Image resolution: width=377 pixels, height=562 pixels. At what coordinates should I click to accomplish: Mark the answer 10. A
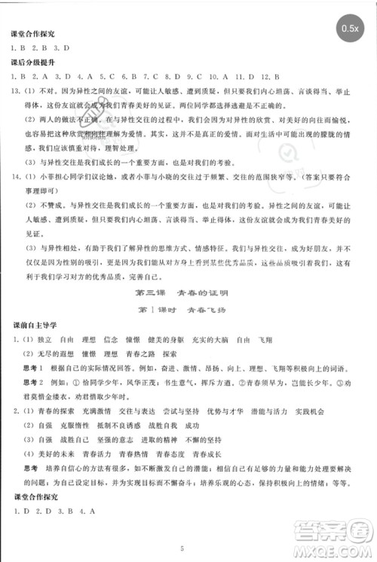point(219,76)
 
